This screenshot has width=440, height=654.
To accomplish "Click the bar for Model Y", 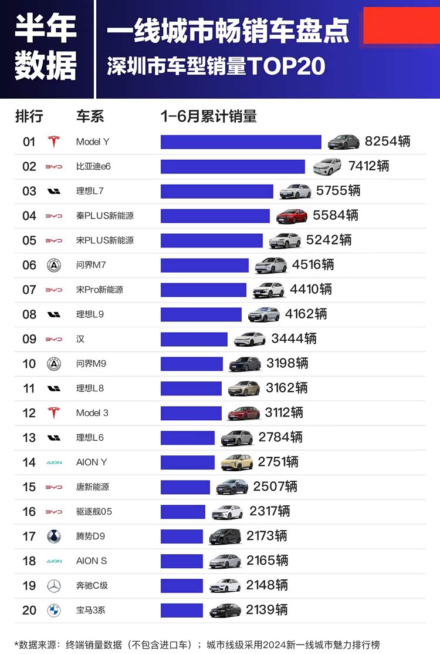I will click(241, 142).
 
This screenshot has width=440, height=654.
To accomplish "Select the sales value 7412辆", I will click(368, 166).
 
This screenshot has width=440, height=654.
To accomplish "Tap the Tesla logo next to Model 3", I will click(54, 413).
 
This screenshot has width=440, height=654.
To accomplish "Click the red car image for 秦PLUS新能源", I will click(292, 216).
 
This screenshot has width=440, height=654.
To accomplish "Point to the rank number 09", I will click(29, 339).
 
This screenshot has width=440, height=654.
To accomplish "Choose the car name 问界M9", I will click(91, 364).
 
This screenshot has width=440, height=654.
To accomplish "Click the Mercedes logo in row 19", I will click(54, 586).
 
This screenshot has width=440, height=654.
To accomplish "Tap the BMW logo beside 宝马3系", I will click(54, 611).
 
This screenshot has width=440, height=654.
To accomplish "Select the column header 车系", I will click(90, 116).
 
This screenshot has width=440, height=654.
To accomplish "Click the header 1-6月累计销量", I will click(209, 116).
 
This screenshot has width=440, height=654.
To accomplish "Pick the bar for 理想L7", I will click(216, 192).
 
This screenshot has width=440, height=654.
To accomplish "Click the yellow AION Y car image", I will click(236, 462).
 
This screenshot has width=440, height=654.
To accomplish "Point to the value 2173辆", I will click(267, 536).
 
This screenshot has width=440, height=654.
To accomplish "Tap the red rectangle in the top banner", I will click(401, 25).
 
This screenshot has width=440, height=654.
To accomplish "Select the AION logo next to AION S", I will click(54, 561).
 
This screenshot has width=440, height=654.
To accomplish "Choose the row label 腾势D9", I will click(90, 536).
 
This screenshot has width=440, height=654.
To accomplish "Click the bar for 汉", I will click(194, 340).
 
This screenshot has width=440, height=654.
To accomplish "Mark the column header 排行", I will click(29, 116).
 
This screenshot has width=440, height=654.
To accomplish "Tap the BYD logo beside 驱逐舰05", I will click(54, 512).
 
